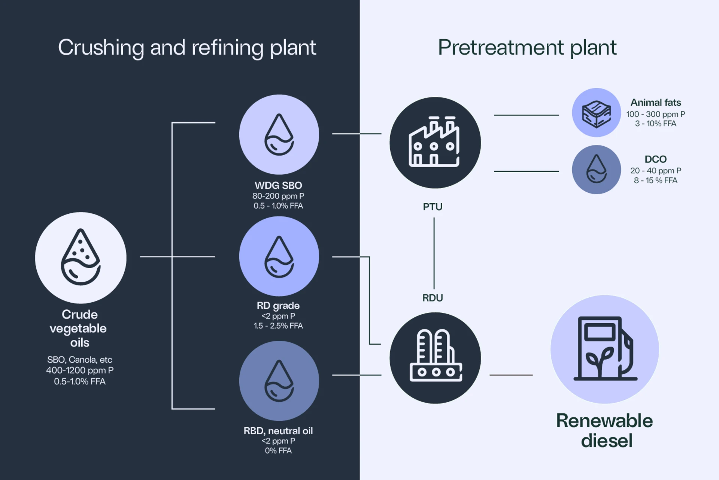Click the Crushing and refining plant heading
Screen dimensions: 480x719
click(187, 48)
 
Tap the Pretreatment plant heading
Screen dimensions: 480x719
click(527, 48)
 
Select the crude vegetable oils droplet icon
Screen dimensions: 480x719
click(81, 258)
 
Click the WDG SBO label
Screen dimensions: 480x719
click(278, 185)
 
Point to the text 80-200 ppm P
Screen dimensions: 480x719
click(278, 196)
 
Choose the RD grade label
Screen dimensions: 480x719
click(278, 306)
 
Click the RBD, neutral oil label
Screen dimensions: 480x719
click(278, 430)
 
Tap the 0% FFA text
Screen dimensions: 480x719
click(278, 450)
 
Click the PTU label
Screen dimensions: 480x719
click(433, 207)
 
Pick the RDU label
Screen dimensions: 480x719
click(433, 298)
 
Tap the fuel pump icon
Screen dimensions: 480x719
click(604, 349)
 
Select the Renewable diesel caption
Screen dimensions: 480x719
click(604, 430)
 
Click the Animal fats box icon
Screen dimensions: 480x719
click(596, 112)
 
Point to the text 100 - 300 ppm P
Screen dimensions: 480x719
click(655, 114)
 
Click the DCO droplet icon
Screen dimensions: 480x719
click(596, 169)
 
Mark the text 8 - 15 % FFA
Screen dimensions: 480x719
click(655, 180)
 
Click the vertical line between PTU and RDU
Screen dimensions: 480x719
click(434, 253)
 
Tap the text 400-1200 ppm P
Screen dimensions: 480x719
click(80, 370)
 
